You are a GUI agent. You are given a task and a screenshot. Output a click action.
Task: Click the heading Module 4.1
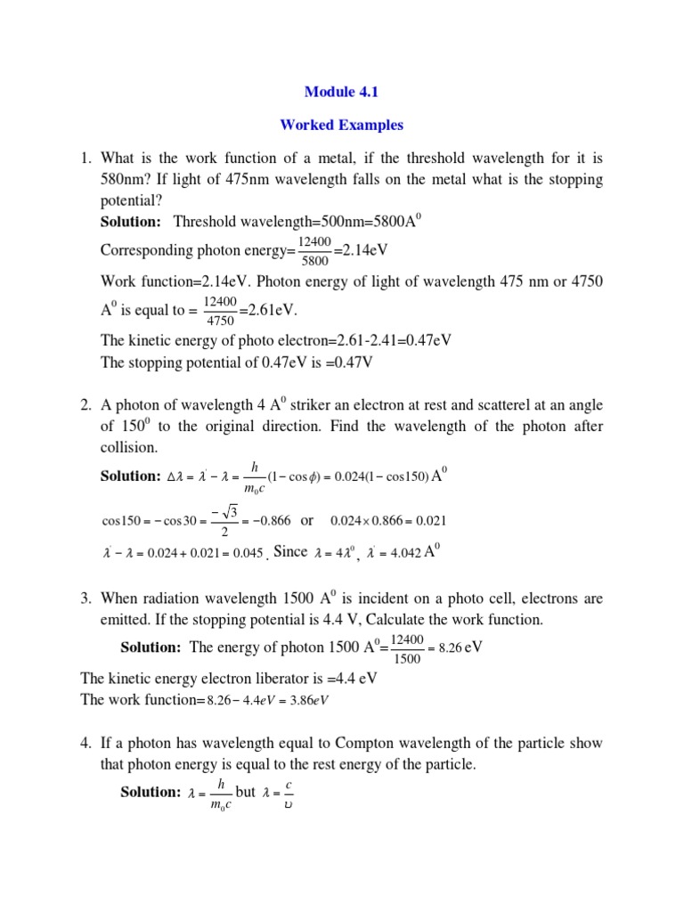pos(341,91)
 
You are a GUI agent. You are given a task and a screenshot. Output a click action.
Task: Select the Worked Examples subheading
pos(341,125)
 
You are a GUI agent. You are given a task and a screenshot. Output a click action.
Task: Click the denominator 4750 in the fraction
pos(220,322)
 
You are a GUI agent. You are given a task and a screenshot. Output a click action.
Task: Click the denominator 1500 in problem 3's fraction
pos(409,658)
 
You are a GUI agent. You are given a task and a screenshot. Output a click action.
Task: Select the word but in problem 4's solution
pos(246,792)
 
